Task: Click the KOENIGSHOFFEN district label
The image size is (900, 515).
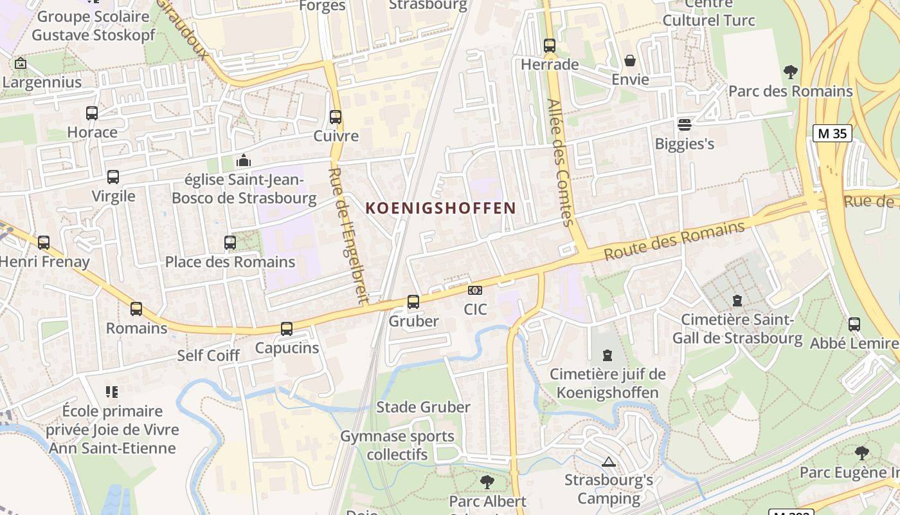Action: click(440, 208)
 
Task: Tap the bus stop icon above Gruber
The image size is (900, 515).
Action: click(413, 301)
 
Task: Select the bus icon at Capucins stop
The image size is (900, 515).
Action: click(287, 329)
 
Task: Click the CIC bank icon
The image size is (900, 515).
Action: click(475, 290)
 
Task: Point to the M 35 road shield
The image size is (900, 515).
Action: click(832, 133)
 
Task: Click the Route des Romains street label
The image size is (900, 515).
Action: click(674, 241)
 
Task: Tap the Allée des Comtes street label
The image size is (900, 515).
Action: click(559, 162)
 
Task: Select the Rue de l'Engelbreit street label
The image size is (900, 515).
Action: click(348, 236)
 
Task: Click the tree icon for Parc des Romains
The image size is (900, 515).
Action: click(790, 71)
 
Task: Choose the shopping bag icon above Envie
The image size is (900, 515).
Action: click(630, 61)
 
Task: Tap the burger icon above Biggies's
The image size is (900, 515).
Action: click(684, 124)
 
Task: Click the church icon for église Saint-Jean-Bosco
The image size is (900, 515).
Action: click(244, 160)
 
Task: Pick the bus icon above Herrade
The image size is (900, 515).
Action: click(549, 46)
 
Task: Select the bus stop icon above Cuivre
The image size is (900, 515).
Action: click(336, 117)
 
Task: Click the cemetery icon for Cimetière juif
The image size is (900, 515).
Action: click(607, 355)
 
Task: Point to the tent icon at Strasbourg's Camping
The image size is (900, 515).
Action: click(608, 462)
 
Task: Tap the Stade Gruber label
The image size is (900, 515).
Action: click(423, 407)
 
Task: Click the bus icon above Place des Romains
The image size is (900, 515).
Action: click(230, 243)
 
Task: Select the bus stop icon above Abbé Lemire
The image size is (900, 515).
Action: click(854, 324)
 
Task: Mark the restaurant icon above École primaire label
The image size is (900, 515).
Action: click(112, 391)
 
